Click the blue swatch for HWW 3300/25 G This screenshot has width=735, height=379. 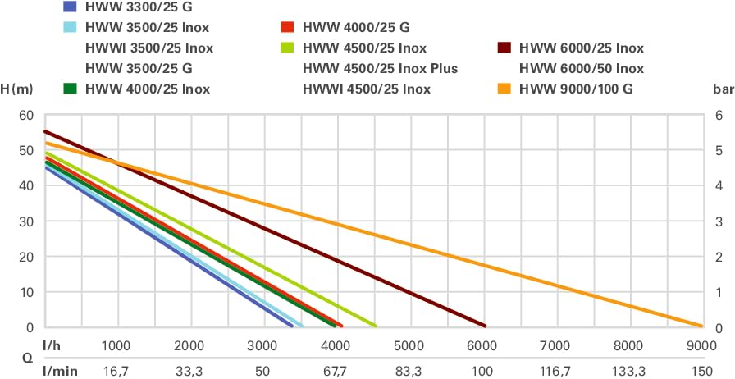coord(71,7)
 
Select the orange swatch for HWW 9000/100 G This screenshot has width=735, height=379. coord(505,89)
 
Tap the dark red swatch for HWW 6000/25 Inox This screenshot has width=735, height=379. coord(505,48)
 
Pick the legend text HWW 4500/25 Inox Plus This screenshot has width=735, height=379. coord(380,68)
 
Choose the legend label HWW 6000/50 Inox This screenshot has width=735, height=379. coord(582,68)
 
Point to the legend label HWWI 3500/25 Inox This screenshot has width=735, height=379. coord(149,48)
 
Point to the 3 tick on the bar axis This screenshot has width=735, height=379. coord(719,221)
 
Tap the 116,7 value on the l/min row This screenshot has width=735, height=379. coord(555,370)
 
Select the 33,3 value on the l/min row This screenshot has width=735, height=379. coord(189,370)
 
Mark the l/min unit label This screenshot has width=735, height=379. coord(59,370)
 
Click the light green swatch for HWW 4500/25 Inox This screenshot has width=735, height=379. coord(288,48)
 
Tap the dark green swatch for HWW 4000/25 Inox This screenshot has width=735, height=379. coord(71,89)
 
